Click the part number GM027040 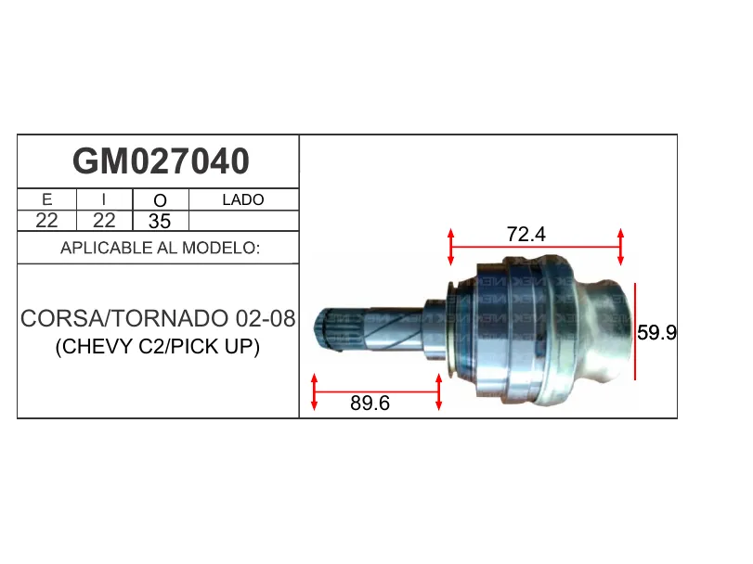(161, 161)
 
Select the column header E (47, 199)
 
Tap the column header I (104, 199)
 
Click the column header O (160, 200)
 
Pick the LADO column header (243, 199)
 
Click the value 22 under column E (46, 221)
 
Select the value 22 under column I (104, 221)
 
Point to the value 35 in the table (160, 221)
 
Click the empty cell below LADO (244, 221)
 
